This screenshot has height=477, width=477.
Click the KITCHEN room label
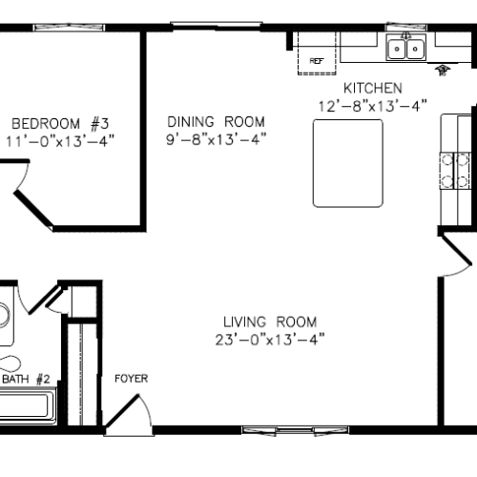[x=373, y=88]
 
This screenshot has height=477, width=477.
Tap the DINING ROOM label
[x=216, y=122]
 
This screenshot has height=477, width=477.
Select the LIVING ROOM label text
[x=270, y=322]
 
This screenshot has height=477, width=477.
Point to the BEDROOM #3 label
[x=60, y=124]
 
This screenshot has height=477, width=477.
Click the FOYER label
[x=131, y=379]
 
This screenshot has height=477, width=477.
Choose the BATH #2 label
[x=26, y=379]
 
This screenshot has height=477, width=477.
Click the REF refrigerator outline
[x=317, y=53]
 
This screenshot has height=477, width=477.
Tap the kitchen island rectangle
[x=348, y=163]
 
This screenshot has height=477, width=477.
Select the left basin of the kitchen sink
[x=397, y=49]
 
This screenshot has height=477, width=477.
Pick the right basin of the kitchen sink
[x=415, y=49]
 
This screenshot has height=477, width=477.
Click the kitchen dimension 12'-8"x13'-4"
[x=373, y=106]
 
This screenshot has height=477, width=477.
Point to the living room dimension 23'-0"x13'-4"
[x=270, y=340]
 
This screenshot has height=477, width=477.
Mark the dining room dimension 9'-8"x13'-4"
[x=216, y=139]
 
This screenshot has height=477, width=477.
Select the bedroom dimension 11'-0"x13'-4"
[x=60, y=141]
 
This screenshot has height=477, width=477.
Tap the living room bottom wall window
[x=295, y=430]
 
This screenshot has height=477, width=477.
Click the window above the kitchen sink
[x=406, y=27]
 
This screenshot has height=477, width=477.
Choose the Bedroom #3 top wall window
[x=69, y=27]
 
